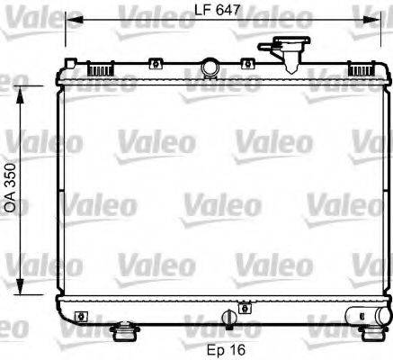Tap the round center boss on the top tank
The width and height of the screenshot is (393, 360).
coord(211,67)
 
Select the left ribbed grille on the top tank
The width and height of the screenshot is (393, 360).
coord(100,67)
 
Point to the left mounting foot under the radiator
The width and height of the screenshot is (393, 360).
coord(123,333)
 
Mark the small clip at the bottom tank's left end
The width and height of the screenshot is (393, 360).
coord(84,316)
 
